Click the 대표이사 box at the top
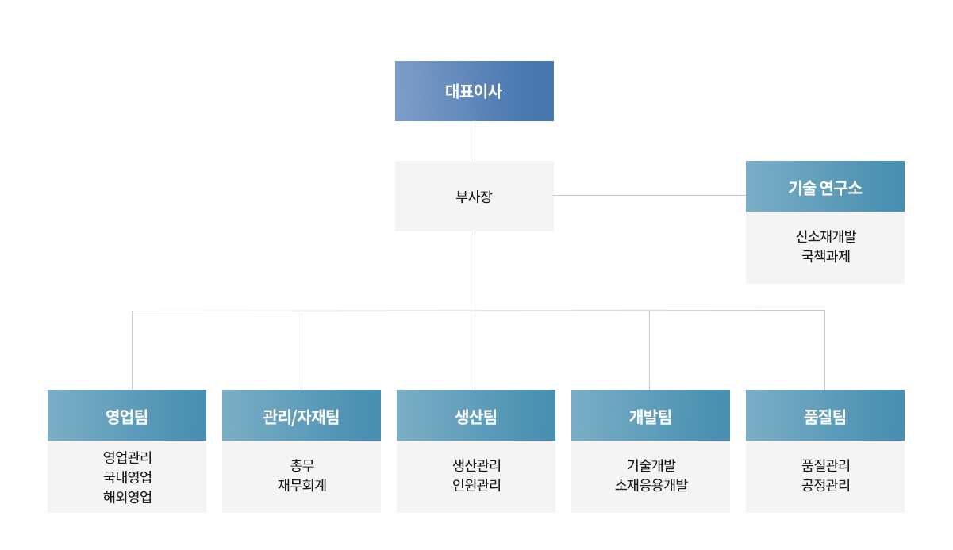coord(475,91)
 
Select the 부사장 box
coord(475,196)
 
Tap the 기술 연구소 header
coord(825,186)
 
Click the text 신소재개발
coord(826,236)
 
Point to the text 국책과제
coord(826,256)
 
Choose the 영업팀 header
coord(127,415)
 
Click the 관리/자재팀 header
coord(302,415)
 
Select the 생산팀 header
coord(476,415)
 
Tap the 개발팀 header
coord(651,415)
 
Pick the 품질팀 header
coord(825,415)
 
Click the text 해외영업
coord(128,496)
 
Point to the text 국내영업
coord(128,477)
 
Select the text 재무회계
coord(302,485)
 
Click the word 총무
coord(302,465)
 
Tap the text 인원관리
coord(476,485)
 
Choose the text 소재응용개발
coord(651,485)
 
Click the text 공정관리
coord(826,485)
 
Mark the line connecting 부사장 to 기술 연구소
coord(650,196)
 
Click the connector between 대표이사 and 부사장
coord(475,141)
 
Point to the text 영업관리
coord(128,457)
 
